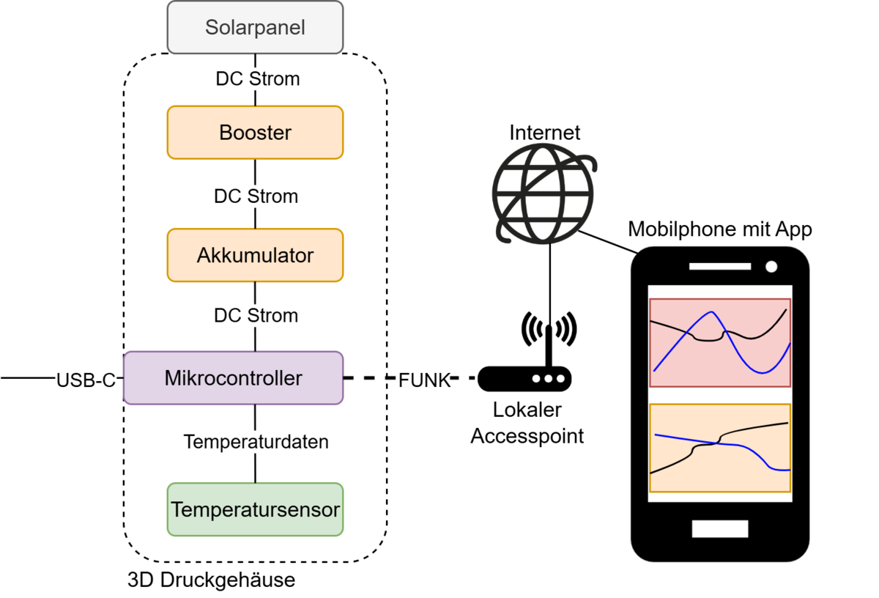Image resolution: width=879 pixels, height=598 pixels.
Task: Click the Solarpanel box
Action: [x=255, y=28]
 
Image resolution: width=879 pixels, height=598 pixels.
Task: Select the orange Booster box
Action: [x=255, y=133]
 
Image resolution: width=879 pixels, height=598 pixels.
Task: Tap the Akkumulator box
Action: [x=255, y=255]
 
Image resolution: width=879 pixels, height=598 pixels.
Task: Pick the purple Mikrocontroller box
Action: [x=233, y=378]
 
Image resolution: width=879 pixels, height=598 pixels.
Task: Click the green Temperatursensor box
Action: [x=255, y=509]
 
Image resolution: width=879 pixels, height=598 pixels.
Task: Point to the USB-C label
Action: [x=86, y=380]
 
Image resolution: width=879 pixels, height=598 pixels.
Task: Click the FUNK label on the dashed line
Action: [x=423, y=380]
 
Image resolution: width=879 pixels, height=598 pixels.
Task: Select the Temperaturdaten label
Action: [x=255, y=442]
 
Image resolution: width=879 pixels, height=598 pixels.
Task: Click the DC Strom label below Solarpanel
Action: [x=257, y=78]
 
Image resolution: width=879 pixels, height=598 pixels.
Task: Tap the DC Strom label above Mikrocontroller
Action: [x=256, y=316]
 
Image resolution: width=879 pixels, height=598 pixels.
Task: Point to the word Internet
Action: [x=544, y=133]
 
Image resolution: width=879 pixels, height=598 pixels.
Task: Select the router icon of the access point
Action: [x=524, y=378]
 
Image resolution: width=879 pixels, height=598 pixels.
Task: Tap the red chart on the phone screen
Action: [x=720, y=342]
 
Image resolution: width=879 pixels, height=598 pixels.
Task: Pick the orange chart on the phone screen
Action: [x=720, y=448]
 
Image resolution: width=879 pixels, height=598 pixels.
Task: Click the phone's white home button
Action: [x=719, y=528]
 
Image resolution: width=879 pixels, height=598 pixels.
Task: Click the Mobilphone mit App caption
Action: [x=720, y=229]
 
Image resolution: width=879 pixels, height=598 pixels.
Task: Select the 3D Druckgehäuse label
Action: [x=211, y=580]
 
